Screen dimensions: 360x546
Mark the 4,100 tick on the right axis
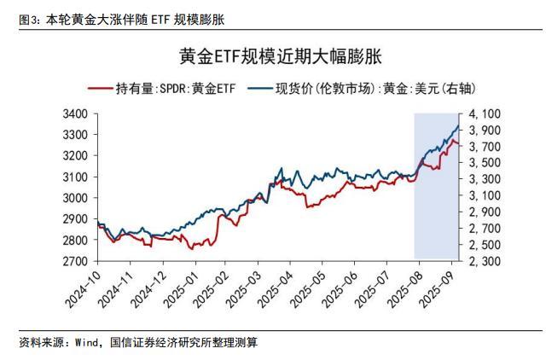(484, 114)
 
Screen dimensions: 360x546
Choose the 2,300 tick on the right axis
(484, 261)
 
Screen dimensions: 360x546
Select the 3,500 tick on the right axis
(484, 163)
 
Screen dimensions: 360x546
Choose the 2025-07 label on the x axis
(375, 288)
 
